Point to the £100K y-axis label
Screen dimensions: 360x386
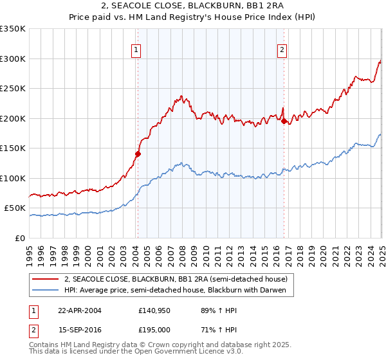coord(13,178)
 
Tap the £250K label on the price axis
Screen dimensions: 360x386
coord(13,89)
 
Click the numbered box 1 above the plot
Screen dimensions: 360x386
coord(137,51)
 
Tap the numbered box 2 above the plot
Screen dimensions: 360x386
coord(283,51)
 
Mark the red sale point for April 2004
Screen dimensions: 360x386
coord(138,154)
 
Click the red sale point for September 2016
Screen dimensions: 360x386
coord(284,120)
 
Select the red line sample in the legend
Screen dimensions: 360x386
coord(46,279)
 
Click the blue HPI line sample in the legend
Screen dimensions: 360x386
coord(46,291)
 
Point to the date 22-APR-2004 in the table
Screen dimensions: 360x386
coord(79,310)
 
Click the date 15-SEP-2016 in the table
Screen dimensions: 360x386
coord(79,329)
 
